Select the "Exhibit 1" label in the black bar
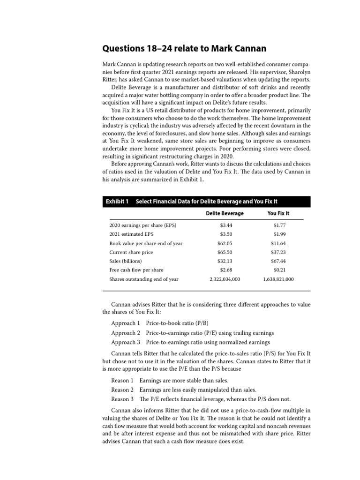(x=117, y=202)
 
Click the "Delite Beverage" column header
(x=225, y=213)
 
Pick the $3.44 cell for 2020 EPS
(x=226, y=225)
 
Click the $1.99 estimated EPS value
(x=280, y=234)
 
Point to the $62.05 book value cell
(x=225, y=243)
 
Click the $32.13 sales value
(x=225, y=261)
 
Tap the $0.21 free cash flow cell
(x=280, y=270)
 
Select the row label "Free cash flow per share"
(x=136, y=270)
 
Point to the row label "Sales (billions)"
(x=126, y=261)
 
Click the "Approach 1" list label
(x=126, y=323)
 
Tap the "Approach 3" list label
(x=126, y=342)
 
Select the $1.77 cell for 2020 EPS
(x=280, y=225)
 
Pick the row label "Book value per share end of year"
(x=146, y=243)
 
